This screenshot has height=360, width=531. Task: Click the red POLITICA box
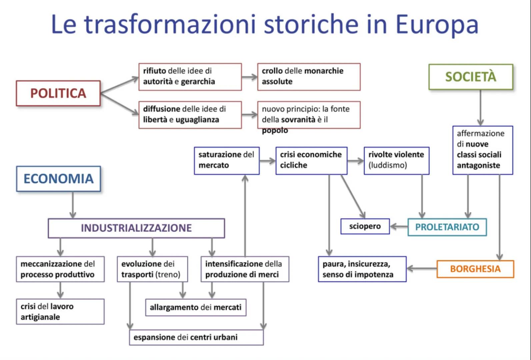[58, 93]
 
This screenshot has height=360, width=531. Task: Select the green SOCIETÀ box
[470, 77]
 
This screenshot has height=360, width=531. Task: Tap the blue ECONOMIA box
[58, 179]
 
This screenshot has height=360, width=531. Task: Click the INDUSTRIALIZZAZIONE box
[136, 228]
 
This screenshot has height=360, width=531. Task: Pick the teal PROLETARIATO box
[447, 227]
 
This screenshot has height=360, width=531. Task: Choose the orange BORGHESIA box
[475, 269]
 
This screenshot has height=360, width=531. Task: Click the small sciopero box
[365, 226]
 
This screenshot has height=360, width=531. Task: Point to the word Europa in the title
[436, 24]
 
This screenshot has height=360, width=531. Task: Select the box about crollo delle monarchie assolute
[308, 76]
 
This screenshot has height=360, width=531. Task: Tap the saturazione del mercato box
[226, 160]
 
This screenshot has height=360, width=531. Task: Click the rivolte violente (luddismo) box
[396, 160]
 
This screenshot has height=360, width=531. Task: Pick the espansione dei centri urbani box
[196, 337]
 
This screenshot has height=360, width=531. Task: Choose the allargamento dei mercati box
[196, 307]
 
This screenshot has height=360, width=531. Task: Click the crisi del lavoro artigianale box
[60, 312]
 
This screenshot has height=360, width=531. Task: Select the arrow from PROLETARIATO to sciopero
[399, 227]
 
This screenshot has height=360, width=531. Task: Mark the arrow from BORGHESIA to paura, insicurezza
[421, 268]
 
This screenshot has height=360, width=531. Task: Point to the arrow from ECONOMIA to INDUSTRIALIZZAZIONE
[73, 205]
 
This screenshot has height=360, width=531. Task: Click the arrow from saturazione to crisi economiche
[267, 161]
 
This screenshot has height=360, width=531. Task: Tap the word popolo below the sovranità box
[275, 130]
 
